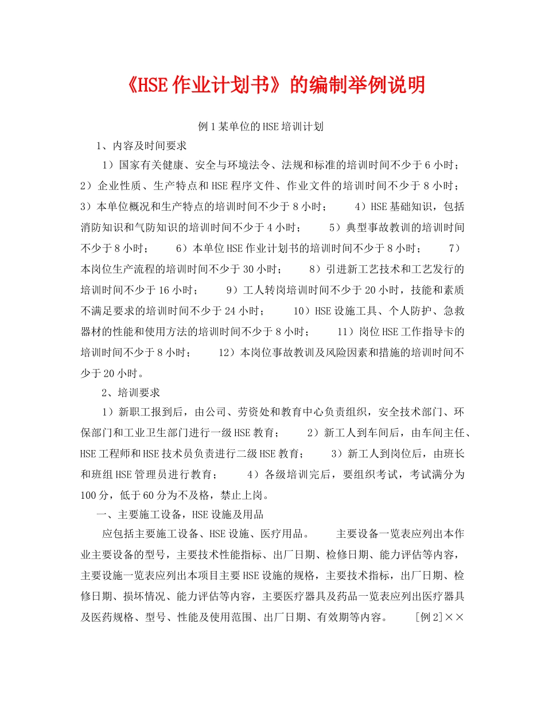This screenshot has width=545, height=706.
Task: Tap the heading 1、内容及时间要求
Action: pyautogui.click(x=142, y=145)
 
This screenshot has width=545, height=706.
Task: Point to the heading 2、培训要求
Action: pyautogui.click(x=131, y=393)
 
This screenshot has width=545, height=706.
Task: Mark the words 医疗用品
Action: pyautogui.click(x=281, y=535)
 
